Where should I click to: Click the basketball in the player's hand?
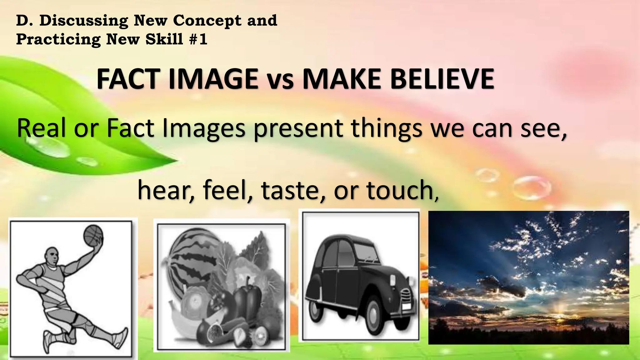[x=93, y=235]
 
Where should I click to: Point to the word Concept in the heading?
[x=207, y=21]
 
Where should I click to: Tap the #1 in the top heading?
[x=198, y=40]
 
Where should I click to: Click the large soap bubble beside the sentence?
[x=531, y=187]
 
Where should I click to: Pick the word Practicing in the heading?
[x=58, y=40]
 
